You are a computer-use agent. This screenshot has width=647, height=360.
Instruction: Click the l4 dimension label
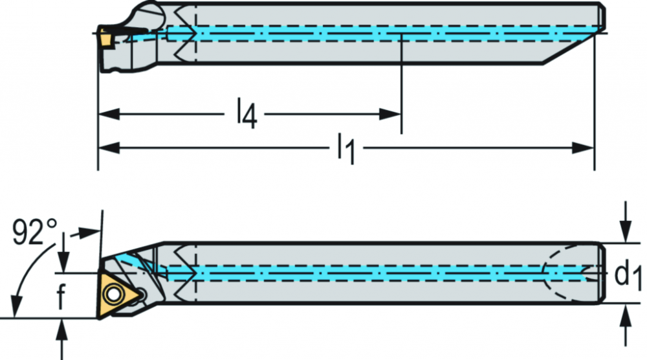(247, 113)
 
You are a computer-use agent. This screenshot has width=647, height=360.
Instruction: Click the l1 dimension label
(345, 148)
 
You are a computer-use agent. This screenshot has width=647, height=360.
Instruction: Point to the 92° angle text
(35, 232)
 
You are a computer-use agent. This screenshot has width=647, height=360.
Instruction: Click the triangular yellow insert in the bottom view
(118, 295)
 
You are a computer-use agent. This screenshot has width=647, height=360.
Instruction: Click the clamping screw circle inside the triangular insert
(112, 294)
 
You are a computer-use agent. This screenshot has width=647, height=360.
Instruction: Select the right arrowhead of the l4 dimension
(390, 114)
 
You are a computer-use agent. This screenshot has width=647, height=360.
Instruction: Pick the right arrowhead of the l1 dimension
(583, 148)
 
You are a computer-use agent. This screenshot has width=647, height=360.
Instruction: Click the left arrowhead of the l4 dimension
(109, 114)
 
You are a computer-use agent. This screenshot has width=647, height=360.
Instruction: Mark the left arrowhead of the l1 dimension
(109, 148)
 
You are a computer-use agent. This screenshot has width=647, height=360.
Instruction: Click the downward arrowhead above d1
(626, 231)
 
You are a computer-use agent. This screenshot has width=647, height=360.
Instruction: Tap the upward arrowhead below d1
(626, 316)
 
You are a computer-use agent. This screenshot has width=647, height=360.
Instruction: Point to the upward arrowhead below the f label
(62, 330)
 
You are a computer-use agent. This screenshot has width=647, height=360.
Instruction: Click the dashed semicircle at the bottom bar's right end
(558, 273)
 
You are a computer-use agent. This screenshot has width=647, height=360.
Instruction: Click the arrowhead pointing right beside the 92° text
(89, 232)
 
